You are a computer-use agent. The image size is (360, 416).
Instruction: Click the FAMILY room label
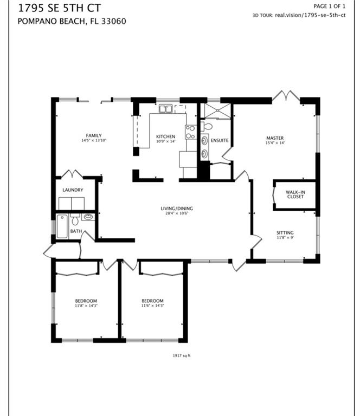pos(94,135)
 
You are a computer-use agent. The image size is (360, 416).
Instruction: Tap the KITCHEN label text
pos(166,136)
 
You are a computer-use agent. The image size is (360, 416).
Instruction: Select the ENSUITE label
pos(220,140)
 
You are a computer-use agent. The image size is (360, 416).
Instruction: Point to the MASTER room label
pos(275,138)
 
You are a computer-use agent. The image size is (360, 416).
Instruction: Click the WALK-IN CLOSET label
pos(295,194)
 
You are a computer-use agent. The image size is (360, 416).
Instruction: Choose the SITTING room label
pos(285,233)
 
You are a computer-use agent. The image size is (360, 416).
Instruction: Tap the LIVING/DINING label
pos(177,209)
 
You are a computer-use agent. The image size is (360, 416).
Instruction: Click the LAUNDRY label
pos(73,190)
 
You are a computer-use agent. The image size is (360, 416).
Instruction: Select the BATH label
pos(76,231)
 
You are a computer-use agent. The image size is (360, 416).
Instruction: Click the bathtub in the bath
pos(62,226)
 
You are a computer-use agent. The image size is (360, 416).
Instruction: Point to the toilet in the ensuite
pos(207,126)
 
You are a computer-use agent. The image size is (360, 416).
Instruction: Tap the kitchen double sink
pos(166,109)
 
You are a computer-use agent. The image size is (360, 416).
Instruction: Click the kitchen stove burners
pos(190,132)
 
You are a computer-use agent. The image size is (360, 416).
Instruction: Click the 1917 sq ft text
pos(182,355)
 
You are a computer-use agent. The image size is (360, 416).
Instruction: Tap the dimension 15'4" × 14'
pos(275,143)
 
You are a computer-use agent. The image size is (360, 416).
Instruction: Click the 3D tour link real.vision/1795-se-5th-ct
pos(310,15)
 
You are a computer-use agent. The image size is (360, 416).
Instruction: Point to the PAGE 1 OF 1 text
pos(330,6)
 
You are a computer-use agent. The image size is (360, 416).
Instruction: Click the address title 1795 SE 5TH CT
pos(59,8)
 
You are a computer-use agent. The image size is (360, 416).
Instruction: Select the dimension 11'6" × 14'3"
pos(152,305)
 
